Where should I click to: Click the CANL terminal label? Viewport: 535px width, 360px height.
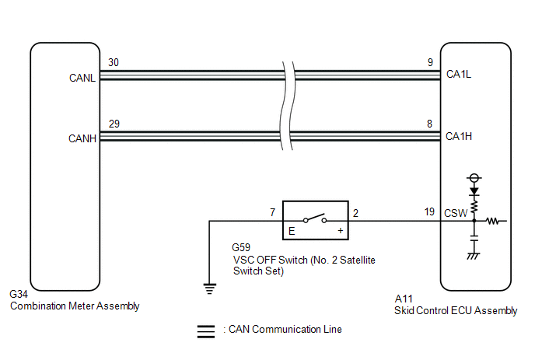(82, 78)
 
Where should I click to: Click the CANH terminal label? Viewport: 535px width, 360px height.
(82, 138)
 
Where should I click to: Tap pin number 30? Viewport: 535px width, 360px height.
(114, 62)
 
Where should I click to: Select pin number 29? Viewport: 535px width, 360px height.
(114, 124)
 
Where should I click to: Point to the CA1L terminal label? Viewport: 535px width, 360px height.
(459, 74)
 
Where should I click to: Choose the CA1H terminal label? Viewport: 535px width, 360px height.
(459, 136)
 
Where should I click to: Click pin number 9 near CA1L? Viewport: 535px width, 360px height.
(430, 62)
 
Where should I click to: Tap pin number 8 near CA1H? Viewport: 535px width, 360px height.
(429, 124)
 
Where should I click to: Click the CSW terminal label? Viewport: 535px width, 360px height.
(456, 213)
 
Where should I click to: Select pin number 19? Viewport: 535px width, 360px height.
(429, 212)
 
